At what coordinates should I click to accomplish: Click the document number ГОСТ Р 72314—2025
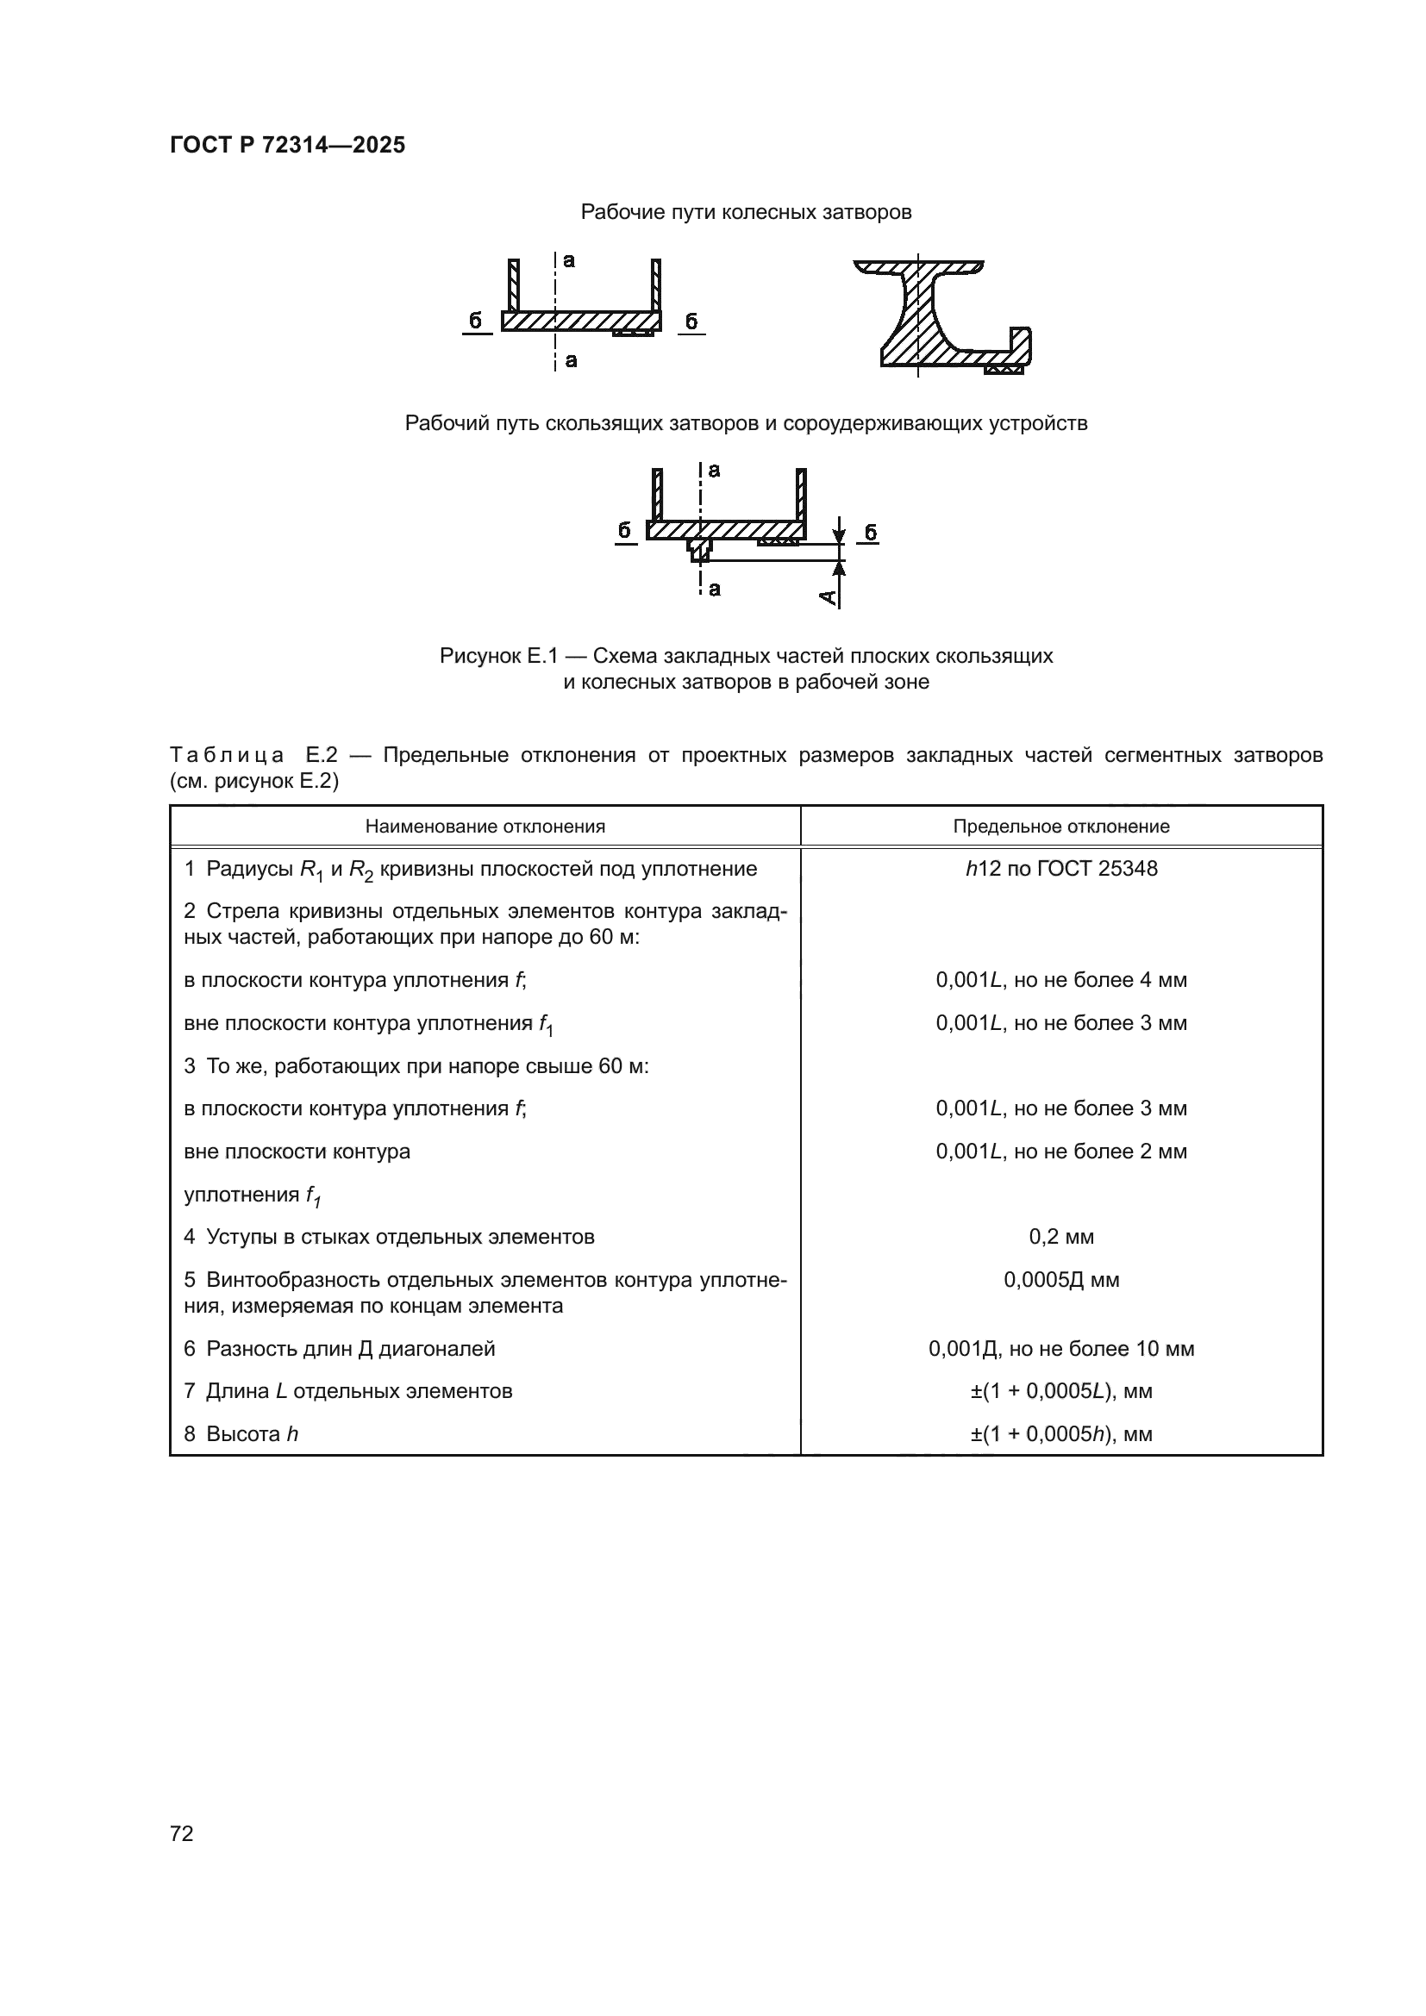point(287,146)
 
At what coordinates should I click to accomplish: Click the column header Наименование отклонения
point(485,827)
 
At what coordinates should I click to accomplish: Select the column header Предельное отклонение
point(1060,827)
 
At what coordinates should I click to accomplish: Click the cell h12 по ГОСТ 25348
point(1060,869)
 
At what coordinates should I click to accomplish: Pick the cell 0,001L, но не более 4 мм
point(1060,980)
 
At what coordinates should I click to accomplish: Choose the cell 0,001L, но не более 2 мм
point(1060,1152)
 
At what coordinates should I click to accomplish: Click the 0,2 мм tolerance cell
point(1060,1237)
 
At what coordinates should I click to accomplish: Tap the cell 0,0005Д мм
point(1060,1279)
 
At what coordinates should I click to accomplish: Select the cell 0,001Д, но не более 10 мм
point(1060,1349)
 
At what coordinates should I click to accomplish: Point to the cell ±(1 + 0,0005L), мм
point(1060,1391)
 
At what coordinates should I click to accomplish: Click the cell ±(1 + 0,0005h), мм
point(1060,1434)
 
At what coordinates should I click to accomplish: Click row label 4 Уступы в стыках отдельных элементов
point(389,1237)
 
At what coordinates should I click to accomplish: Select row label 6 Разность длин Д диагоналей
point(339,1349)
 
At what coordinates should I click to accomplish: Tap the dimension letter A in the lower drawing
point(827,597)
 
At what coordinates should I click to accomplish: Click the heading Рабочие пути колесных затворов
point(746,213)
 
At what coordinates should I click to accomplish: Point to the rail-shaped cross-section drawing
point(940,316)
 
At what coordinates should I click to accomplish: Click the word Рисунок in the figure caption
point(479,656)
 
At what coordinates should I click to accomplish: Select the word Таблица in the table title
point(227,755)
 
